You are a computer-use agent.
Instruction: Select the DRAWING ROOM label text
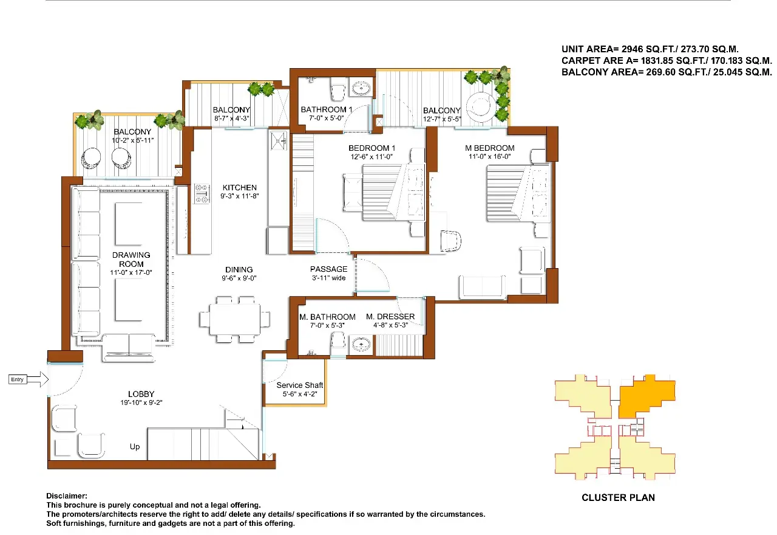pyautogui.click(x=131, y=260)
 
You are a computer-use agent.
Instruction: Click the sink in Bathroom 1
pyautogui.click(x=362, y=89)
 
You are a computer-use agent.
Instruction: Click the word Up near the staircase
pyautogui.click(x=135, y=447)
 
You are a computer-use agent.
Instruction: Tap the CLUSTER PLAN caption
pyautogui.click(x=618, y=497)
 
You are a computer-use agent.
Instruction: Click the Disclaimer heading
pyautogui.click(x=67, y=496)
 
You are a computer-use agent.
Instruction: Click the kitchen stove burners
pyautogui.click(x=201, y=193)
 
